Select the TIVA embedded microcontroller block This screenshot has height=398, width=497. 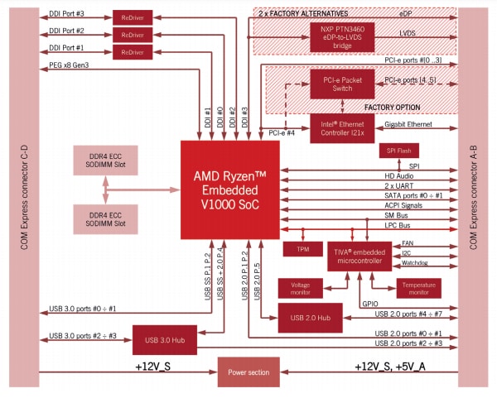(x=358, y=255)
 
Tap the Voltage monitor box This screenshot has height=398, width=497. (x=301, y=288)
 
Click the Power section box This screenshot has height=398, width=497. (x=248, y=372)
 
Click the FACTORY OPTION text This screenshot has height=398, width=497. (x=392, y=107)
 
